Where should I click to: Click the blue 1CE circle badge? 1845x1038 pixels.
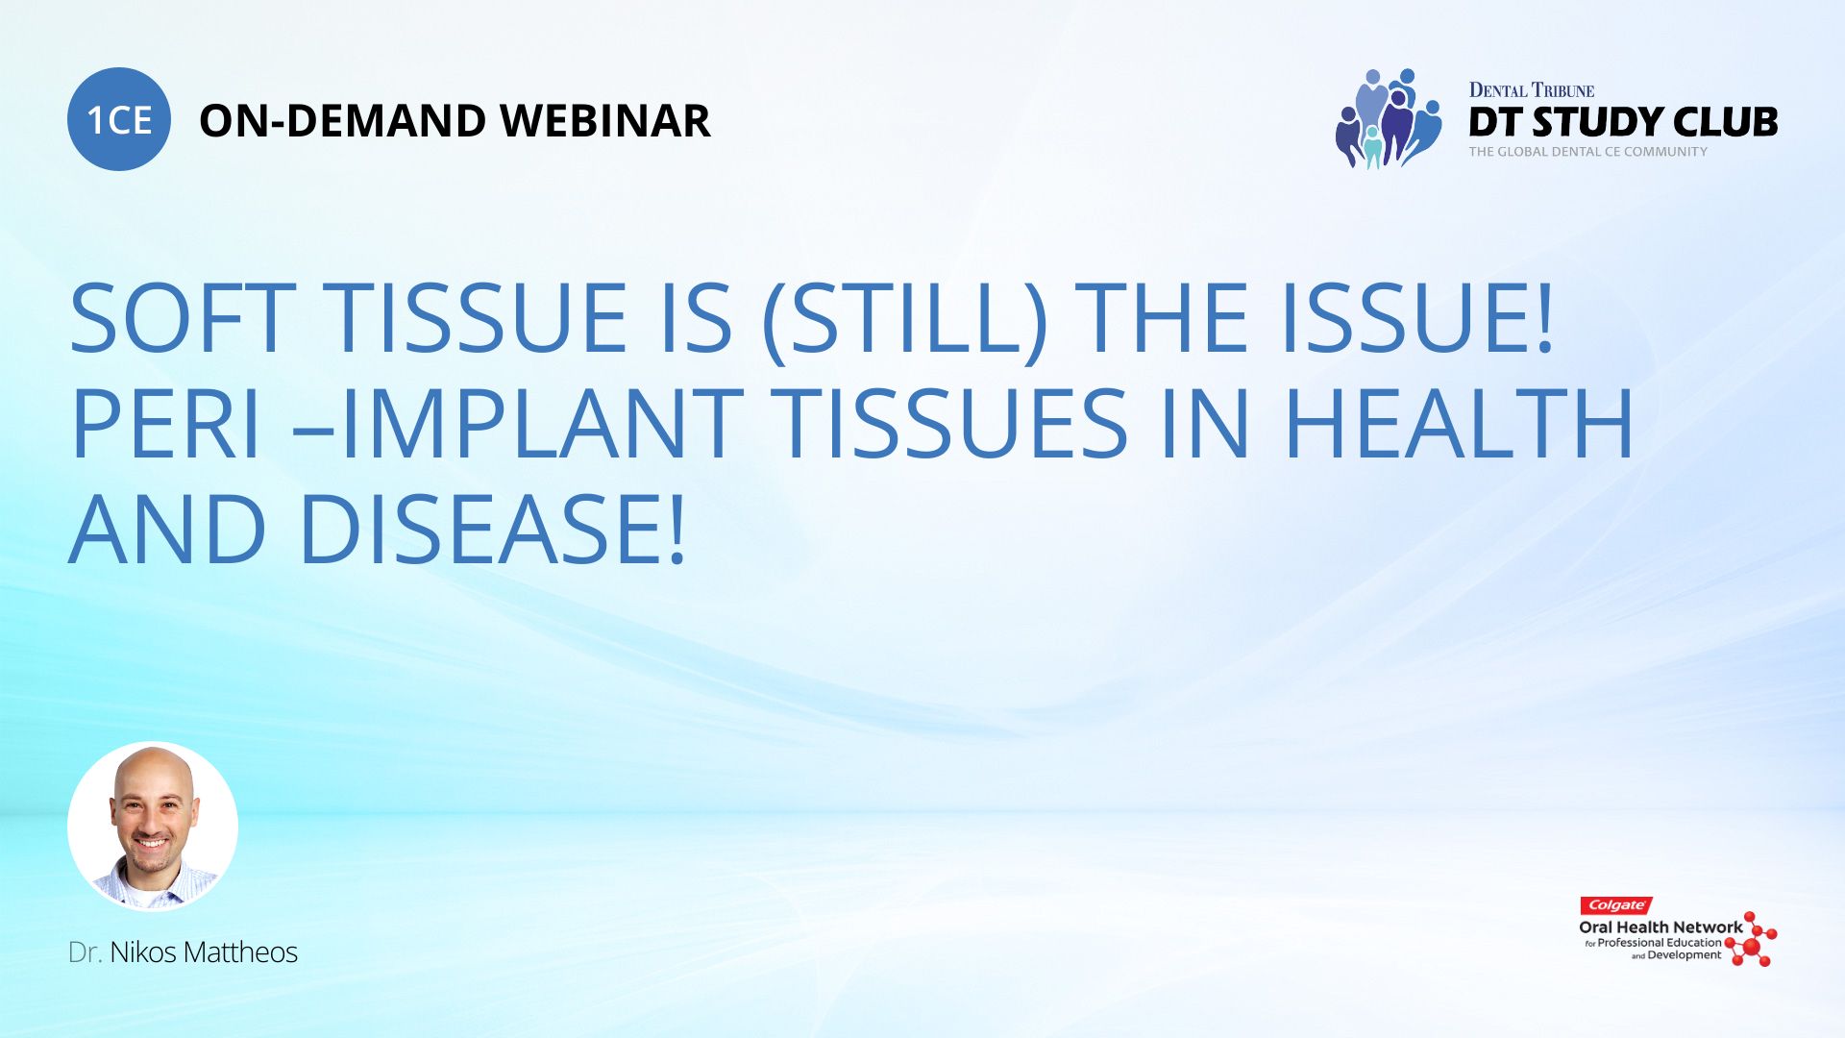pos(119,119)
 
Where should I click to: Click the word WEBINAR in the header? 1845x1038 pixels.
pos(605,121)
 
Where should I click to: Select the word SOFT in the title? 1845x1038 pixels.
pos(183,318)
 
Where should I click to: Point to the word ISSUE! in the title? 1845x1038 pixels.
pos(1417,318)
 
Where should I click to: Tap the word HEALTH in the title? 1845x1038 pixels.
pos(1459,424)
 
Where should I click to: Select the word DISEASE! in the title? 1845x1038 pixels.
pos(493,530)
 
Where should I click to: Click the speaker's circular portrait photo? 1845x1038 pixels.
pos(153,827)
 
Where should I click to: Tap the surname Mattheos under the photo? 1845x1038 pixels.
pos(240,952)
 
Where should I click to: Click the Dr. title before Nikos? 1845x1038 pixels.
pos(85,952)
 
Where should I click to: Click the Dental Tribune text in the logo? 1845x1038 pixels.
pos(1532,90)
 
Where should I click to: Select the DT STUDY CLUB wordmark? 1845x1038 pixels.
pos(1623,122)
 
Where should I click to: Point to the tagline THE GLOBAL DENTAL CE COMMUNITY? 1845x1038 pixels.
pos(1587,152)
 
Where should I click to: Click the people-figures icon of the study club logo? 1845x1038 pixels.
pos(1388,118)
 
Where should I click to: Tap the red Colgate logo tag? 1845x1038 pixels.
pos(1616,905)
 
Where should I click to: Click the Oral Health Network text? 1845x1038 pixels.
pos(1660,927)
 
